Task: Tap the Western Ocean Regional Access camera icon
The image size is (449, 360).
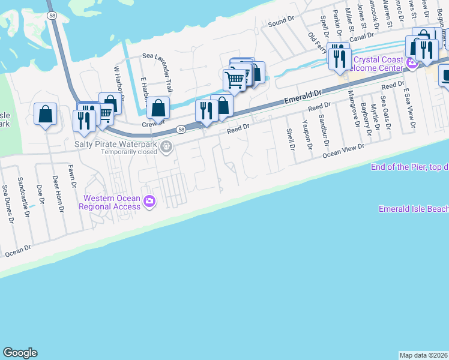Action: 149,202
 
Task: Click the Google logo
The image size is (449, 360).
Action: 20,353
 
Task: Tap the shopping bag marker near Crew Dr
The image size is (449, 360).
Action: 158,109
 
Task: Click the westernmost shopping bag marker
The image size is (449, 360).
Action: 45,113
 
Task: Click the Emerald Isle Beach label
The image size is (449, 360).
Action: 414,209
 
